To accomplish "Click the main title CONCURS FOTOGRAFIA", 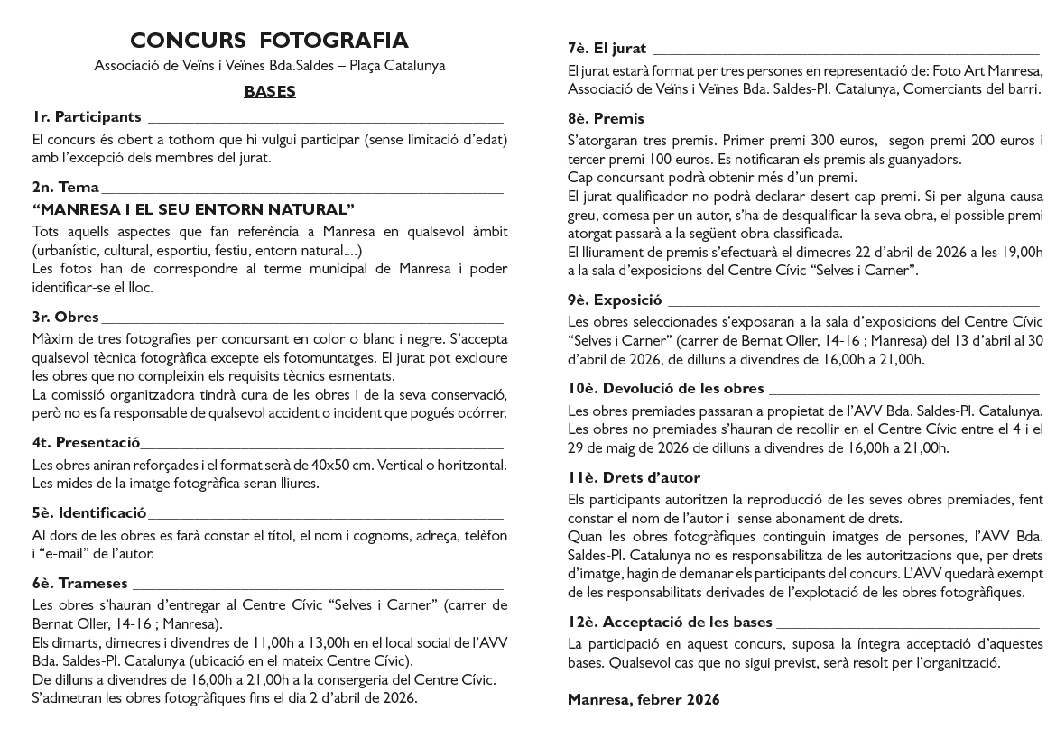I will [x=269, y=41].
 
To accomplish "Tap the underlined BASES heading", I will [x=270, y=91].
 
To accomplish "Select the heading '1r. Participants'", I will [x=87, y=116].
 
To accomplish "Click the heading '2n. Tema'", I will [x=66, y=188].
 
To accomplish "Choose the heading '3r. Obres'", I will [x=66, y=317].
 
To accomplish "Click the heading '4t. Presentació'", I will [x=86, y=442].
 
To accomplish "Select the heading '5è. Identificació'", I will [x=88, y=513].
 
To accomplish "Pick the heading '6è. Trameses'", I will [x=80, y=583].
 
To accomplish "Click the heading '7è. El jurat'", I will [x=607, y=48].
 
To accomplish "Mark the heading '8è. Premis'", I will [x=607, y=118].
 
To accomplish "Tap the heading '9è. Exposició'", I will [x=615, y=300].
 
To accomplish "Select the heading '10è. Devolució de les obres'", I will [x=666, y=388].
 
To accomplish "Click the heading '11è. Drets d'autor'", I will [x=634, y=477].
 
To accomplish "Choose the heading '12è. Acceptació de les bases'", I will [x=670, y=622].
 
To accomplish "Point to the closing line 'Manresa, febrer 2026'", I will [x=644, y=699].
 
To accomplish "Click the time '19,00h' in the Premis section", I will [x=1019, y=252].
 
